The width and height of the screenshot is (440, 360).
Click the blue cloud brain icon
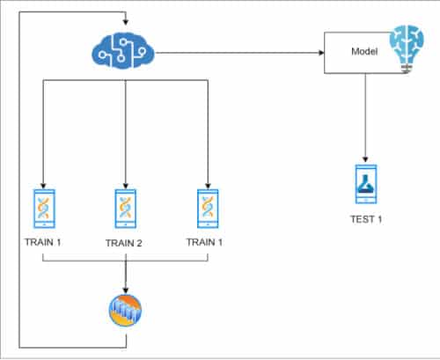123,52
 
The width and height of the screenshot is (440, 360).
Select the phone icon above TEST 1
364,185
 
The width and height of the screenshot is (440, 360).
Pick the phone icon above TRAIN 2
126,208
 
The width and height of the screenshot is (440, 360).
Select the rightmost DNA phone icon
209,208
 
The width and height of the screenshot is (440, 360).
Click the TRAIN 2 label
126,243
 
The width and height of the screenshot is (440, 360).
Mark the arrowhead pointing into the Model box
319,53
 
